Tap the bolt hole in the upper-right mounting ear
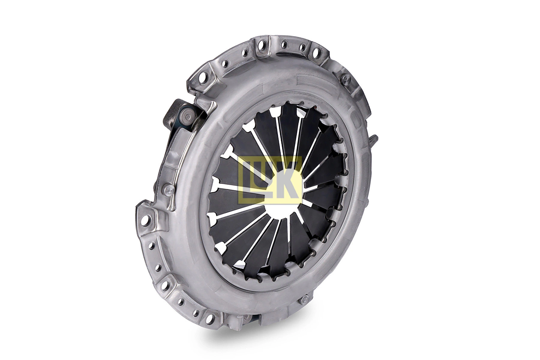316,54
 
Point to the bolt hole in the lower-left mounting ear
167,283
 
